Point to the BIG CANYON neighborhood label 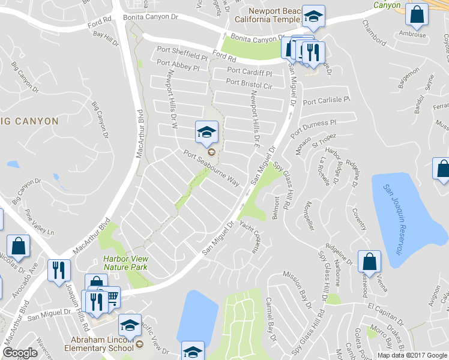tap(31, 121)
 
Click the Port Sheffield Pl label tap(181, 51)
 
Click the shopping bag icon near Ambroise tap(416, 15)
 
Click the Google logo tap(20, 353)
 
